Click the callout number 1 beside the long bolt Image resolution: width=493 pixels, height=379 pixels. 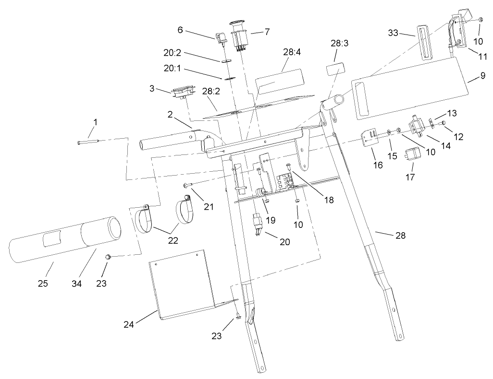click(95, 122)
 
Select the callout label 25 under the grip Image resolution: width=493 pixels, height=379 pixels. click(43, 284)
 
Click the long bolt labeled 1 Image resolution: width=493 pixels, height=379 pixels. click(88, 142)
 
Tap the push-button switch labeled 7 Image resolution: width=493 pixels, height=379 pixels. click(239, 35)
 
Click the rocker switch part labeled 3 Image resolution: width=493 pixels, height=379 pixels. click(182, 92)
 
